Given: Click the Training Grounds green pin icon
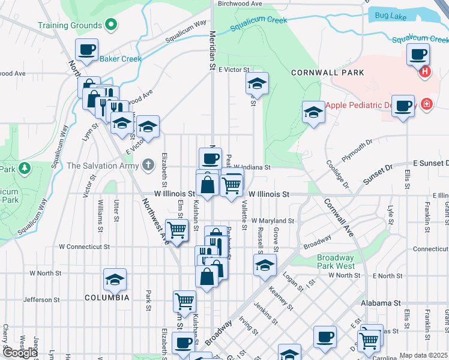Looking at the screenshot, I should (110, 25).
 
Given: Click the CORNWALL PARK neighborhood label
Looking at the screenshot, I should (327, 73).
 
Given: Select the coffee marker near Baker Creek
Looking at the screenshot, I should (86, 50).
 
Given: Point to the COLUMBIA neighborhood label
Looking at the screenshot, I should (107, 298).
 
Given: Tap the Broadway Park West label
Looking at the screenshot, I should (336, 262).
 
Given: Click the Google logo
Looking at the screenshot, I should (20, 353).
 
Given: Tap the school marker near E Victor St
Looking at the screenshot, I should (257, 83).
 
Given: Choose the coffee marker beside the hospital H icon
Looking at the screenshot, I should (418, 55).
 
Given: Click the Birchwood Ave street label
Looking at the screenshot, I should (241, 4).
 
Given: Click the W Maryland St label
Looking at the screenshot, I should (273, 221).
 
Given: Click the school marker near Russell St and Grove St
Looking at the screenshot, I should (264, 265).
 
